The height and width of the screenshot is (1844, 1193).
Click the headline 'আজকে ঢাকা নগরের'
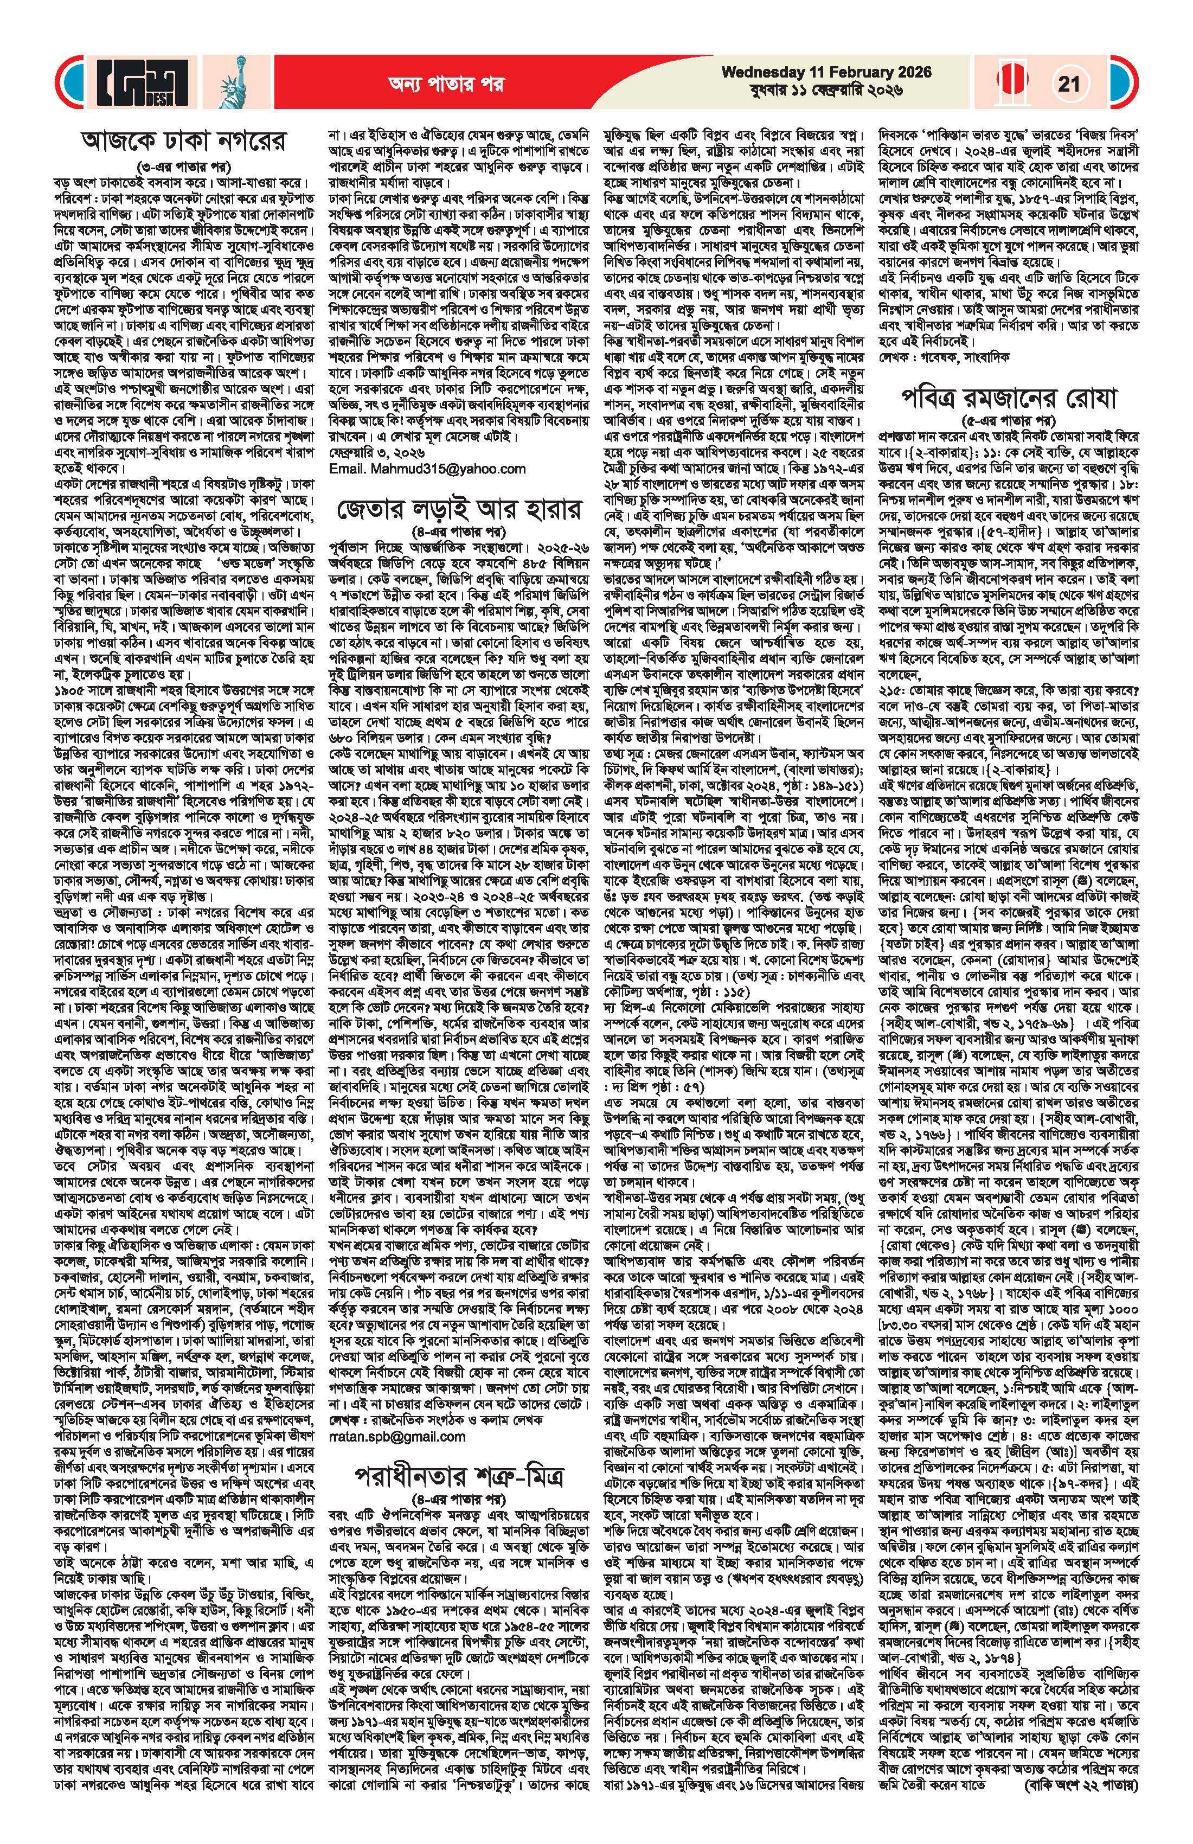coord(184,143)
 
